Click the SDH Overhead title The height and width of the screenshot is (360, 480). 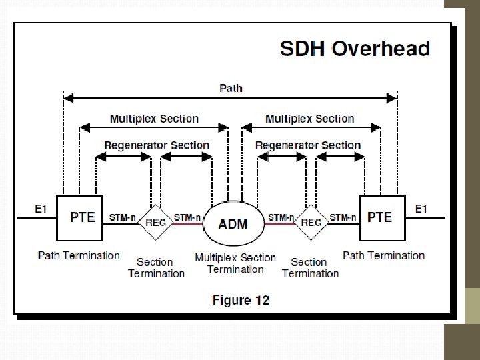[355, 49]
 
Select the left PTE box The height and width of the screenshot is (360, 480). [80, 218]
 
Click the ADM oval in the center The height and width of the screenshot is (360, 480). [233, 223]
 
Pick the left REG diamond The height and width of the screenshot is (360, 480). [156, 223]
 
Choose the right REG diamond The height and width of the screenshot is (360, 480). [311, 223]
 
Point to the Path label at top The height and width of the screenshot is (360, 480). [231, 87]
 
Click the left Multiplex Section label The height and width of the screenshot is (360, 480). [154, 119]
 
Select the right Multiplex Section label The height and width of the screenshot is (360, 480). [309, 119]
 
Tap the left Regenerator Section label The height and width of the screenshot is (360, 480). [157, 145]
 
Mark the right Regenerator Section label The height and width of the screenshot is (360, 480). [308, 145]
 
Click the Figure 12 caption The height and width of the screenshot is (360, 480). [241, 300]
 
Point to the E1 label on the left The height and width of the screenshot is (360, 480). [41, 209]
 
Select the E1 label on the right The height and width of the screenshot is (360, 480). [421, 209]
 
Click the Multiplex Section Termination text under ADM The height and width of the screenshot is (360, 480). [235, 263]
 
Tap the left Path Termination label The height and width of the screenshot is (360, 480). [79, 255]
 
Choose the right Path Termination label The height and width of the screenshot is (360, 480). [383, 255]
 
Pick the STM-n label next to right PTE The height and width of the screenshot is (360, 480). [343, 217]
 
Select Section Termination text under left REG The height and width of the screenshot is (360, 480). [156, 268]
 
